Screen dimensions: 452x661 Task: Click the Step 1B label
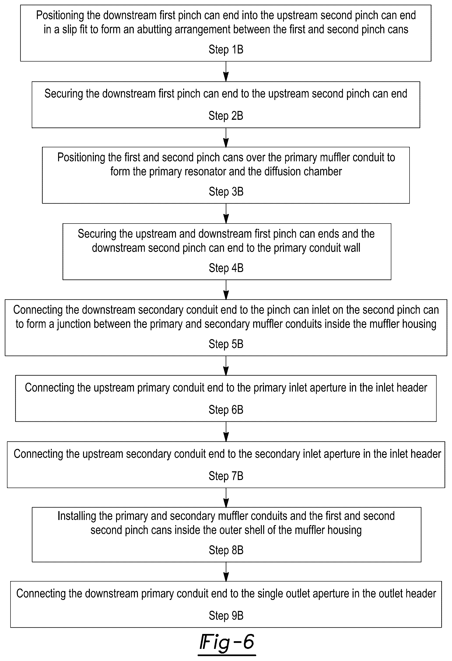pyautogui.click(x=226, y=49)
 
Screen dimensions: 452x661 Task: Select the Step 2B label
pyautogui.click(x=226, y=116)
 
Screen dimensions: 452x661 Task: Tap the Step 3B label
pyautogui.click(x=226, y=191)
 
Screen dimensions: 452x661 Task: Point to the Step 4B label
pyautogui.click(x=226, y=268)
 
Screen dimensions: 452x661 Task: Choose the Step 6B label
pyautogui.click(x=226, y=410)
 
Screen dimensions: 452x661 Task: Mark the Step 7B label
pyautogui.click(x=226, y=476)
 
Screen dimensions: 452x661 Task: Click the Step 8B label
pyautogui.click(x=226, y=550)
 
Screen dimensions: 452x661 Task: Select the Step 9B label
pyautogui.click(x=226, y=616)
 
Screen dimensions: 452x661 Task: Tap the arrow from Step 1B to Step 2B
pyautogui.click(x=226, y=71)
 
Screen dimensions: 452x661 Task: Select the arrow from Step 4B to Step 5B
pyautogui.click(x=226, y=289)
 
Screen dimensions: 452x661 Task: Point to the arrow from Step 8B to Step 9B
pyautogui.click(x=226, y=572)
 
